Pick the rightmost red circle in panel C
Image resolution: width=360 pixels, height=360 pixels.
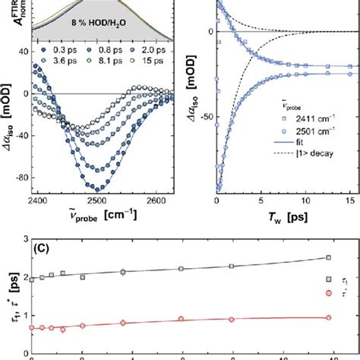(x=328, y=318)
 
